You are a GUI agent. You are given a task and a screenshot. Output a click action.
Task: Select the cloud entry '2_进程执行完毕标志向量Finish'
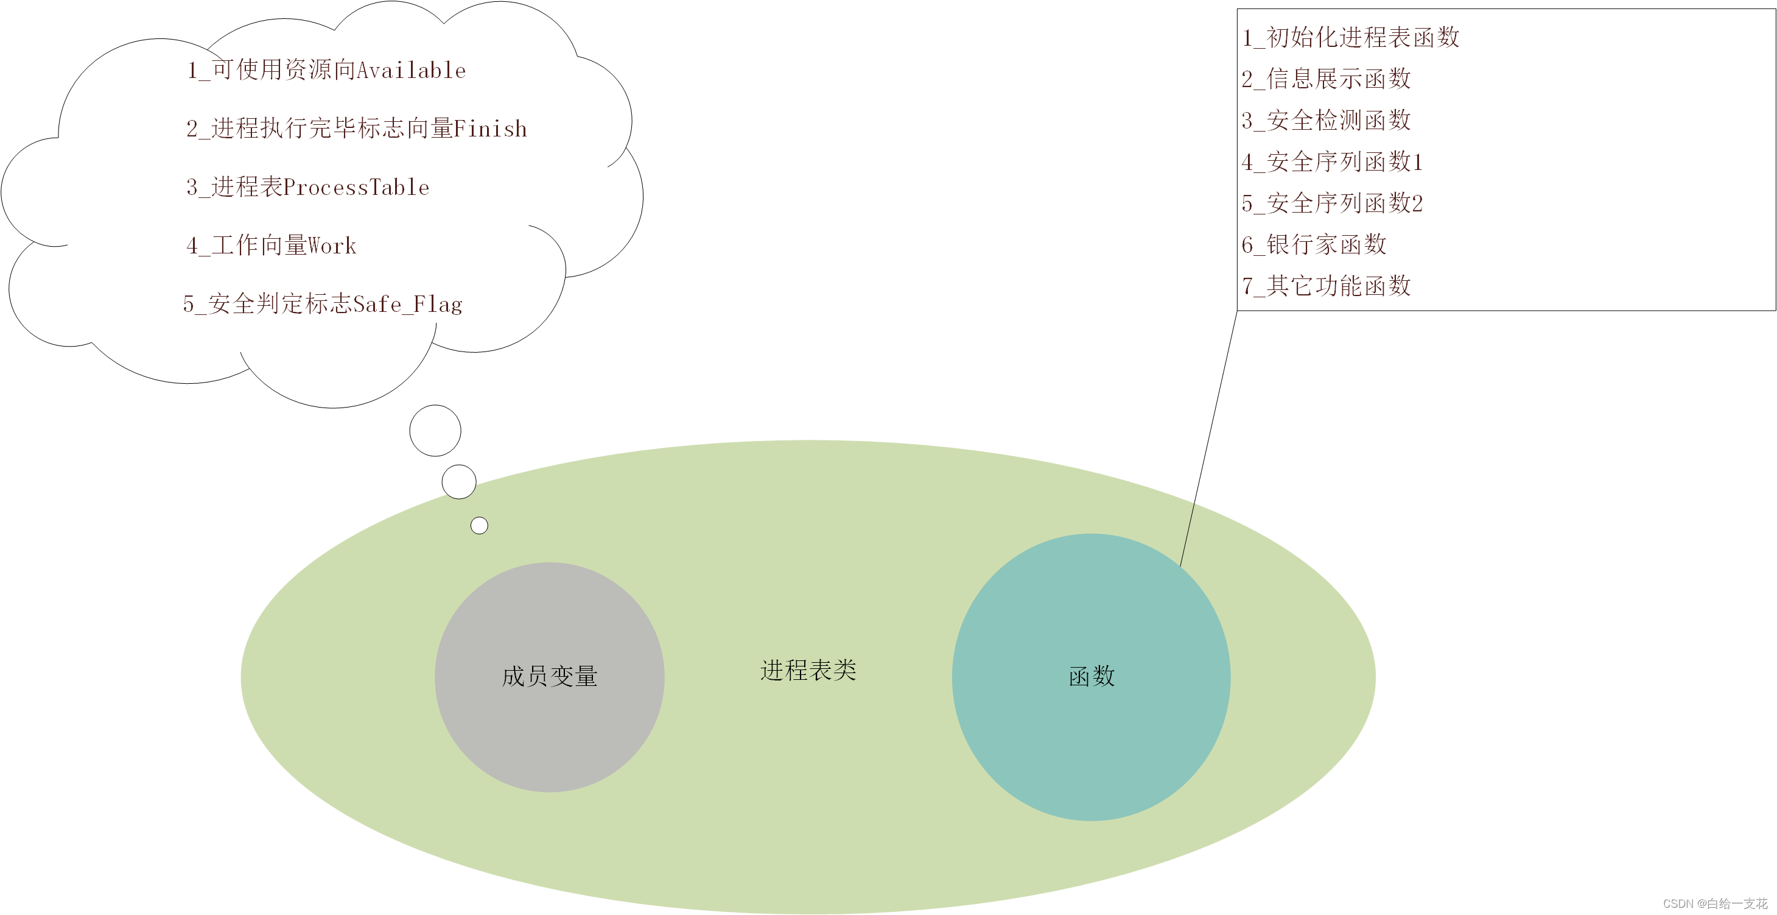pos(356,129)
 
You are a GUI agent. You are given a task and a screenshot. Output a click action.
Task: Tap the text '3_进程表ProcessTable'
pos(307,187)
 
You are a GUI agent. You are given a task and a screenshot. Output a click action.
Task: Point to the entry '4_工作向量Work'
pos(271,246)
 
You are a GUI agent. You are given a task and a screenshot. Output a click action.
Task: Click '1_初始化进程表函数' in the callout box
pos(1350,37)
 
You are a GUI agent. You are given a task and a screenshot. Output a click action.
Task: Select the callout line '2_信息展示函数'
pos(1326,79)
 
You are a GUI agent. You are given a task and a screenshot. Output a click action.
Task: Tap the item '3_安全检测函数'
pos(1326,120)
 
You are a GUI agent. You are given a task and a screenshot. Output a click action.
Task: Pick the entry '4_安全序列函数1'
pos(1331,161)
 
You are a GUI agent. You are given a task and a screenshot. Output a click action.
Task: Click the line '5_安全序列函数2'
pos(1331,203)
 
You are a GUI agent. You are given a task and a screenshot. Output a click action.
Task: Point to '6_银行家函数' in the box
pos(1314,244)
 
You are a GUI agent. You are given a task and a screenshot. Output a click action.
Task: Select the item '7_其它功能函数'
pos(1326,286)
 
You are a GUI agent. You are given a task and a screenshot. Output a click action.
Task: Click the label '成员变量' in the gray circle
pos(549,676)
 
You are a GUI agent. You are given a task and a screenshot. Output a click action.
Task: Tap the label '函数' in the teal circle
pos(1092,676)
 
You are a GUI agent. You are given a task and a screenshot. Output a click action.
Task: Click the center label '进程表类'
pos(808,670)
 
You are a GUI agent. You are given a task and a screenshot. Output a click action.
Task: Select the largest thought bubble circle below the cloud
pos(435,431)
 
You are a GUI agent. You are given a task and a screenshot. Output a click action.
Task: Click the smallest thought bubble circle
pos(480,526)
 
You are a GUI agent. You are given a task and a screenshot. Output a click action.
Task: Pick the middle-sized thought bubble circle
pos(459,482)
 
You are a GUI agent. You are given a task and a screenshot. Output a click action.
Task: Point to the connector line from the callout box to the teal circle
pos(1208,439)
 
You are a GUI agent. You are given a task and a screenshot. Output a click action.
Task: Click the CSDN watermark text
pos(1715,903)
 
